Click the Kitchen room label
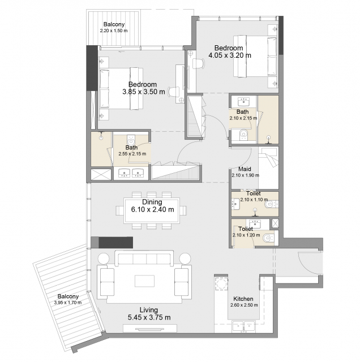point(243,299)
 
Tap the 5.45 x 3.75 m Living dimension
point(149,317)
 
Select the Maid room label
point(245,169)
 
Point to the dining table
point(152,210)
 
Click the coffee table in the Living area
point(145,281)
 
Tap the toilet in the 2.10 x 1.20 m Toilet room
point(268,238)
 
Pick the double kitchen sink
point(243,326)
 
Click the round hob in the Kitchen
point(221,284)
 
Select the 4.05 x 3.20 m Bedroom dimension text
point(230,55)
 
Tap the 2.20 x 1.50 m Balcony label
point(114,24)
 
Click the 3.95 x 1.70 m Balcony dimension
point(68,303)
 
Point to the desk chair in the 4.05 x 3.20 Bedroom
point(198,63)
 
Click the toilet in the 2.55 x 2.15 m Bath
point(131,140)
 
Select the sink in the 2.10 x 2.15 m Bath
point(243,101)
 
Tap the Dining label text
point(152,202)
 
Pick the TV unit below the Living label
point(150,328)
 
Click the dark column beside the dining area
point(115,243)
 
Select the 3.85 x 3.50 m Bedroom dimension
point(144,92)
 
